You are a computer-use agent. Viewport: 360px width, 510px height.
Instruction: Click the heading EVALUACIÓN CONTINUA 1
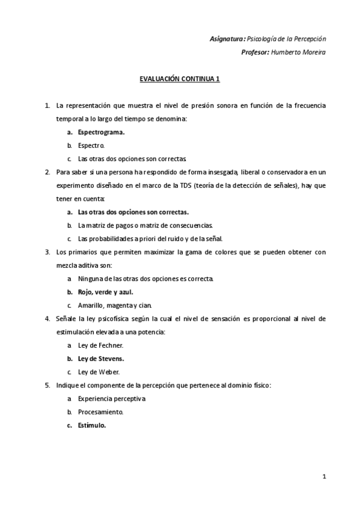tap(180, 78)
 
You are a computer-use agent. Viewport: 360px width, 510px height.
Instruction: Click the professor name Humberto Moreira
tap(298, 52)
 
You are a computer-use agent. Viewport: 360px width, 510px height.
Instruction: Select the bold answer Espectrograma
tap(101, 132)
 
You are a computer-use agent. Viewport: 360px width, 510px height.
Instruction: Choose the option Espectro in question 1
tap(92, 146)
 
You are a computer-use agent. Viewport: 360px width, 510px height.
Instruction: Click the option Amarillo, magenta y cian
tap(114, 306)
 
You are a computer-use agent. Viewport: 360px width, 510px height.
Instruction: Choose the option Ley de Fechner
tap(100, 345)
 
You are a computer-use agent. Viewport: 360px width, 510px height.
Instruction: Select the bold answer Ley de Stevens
tap(101, 358)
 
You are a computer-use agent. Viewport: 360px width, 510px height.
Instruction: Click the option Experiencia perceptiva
tap(111, 398)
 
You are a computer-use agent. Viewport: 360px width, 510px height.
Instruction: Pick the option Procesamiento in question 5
tap(100, 412)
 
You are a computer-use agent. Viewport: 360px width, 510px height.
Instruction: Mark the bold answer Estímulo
tap(92, 425)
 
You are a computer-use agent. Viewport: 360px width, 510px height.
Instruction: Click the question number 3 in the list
tap(47, 252)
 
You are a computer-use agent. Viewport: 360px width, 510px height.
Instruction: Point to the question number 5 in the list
tap(47, 385)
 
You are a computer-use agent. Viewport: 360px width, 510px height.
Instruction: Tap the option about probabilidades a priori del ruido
tap(150, 239)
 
